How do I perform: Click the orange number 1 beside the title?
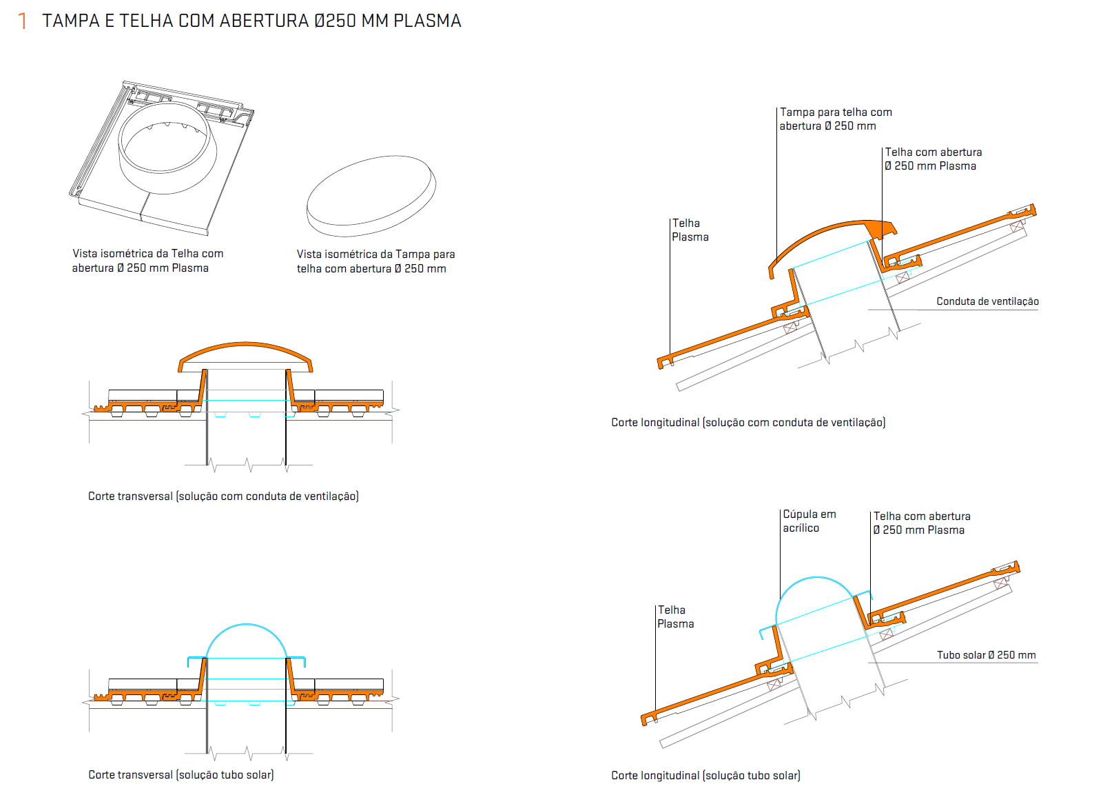(x=23, y=21)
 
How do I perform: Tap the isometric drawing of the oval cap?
(x=371, y=196)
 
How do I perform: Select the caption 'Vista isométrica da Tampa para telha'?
(x=375, y=261)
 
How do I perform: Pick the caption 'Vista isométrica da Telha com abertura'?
(x=147, y=261)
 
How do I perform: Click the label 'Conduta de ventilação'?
(x=987, y=301)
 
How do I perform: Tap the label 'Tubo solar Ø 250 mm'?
(x=986, y=655)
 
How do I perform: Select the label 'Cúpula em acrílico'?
(x=809, y=521)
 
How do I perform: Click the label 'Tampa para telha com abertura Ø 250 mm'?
(x=836, y=119)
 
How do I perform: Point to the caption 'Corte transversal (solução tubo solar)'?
(x=181, y=774)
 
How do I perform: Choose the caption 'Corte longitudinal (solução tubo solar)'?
(x=705, y=775)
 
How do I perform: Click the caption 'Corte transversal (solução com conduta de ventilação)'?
(x=223, y=496)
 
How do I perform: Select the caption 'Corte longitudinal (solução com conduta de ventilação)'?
(x=748, y=423)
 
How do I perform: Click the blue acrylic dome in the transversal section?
(x=246, y=625)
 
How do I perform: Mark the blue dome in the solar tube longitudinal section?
(x=816, y=578)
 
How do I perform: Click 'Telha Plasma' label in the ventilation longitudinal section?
(x=690, y=230)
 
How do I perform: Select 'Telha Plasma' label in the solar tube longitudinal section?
(x=675, y=616)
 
